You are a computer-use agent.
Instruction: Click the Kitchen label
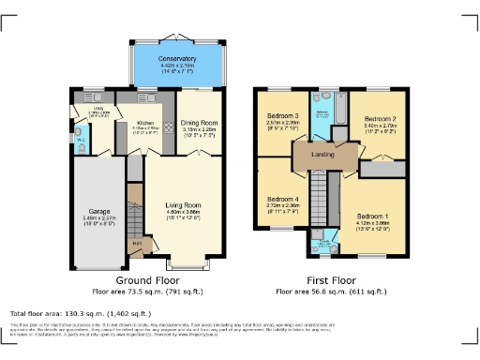(145, 123)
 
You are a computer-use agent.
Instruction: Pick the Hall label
(137, 244)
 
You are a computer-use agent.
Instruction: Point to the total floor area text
(71, 312)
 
